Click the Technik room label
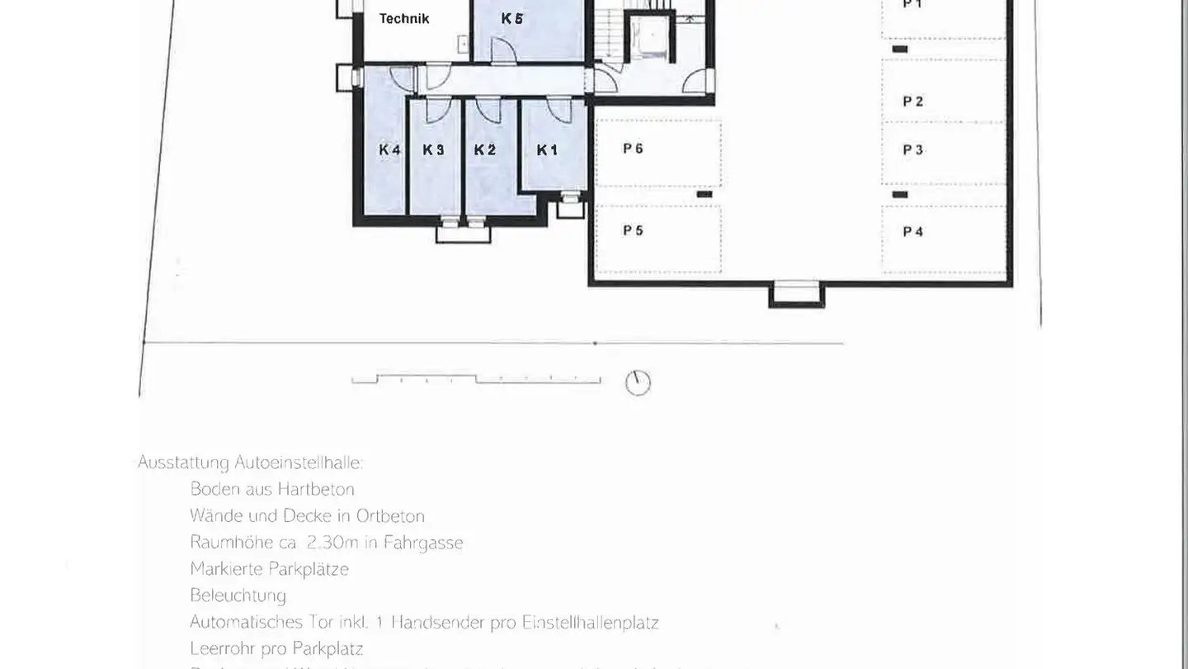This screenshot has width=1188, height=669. [404, 19]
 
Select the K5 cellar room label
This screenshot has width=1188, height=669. [511, 18]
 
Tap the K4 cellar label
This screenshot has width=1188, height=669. [389, 150]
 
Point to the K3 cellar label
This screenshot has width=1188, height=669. [433, 150]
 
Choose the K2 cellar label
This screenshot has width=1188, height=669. [485, 150]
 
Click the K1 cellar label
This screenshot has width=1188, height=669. [547, 150]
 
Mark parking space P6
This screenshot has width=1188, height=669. [633, 149]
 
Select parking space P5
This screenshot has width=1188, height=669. [633, 230]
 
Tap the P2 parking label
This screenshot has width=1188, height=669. [912, 102]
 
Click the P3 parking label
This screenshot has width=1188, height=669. [912, 150]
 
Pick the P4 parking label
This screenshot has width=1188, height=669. [912, 232]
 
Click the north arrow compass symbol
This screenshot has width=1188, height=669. [638, 382]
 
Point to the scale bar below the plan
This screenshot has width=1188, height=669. [476, 379]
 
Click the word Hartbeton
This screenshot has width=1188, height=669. [316, 489]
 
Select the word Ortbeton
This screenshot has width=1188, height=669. [390, 516]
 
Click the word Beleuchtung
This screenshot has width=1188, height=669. [238, 595]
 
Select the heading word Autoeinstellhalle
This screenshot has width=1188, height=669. [299, 463]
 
